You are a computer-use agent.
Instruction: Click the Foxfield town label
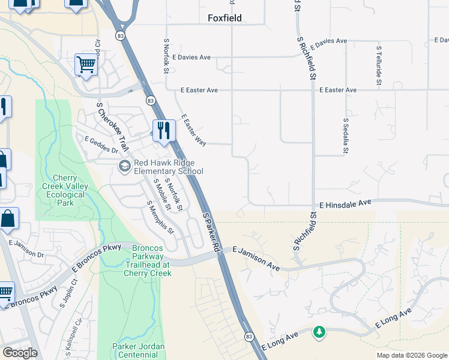pos(224,18)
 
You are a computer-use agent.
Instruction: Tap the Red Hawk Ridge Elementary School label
pos(168,167)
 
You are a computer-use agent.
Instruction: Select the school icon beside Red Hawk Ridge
pos(125,166)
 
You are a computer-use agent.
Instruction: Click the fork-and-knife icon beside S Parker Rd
pos(163,131)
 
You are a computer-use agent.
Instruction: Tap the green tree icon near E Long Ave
pos(319,332)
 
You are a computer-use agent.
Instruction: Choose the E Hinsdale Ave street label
pos(345,205)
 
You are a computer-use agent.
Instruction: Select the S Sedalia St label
pos(346,136)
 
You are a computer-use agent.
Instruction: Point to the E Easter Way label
pos(193,130)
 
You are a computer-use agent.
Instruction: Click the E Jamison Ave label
pos(256,257)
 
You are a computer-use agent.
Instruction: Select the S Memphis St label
pos(160,217)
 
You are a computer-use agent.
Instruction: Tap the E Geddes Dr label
pos(101,145)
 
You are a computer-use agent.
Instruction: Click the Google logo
pos(20,352)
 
